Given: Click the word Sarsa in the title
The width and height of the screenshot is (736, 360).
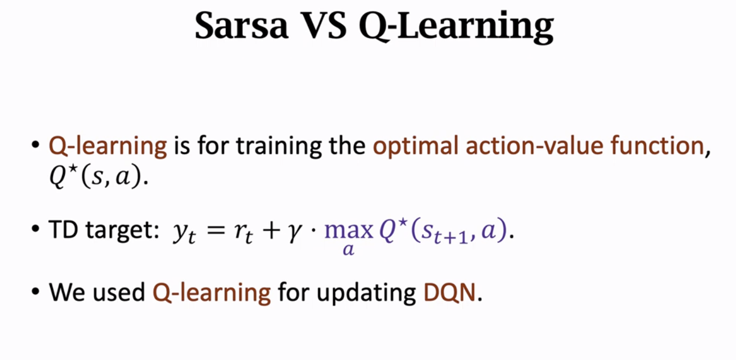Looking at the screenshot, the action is tap(242, 26).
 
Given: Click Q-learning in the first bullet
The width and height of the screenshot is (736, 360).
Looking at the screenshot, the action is tap(107, 147).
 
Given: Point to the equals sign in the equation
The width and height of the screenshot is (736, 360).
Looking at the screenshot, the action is tap(216, 230).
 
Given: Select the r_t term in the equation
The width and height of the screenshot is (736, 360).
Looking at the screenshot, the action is tap(243, 232).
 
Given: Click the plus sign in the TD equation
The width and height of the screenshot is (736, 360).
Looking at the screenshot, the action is tap(271, 230).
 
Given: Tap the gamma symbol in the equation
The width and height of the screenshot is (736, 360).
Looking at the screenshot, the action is tap(295, 232).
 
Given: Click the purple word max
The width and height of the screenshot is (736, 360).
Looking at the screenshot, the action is tap(349, 230).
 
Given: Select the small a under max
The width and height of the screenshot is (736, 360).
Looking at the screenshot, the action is tap(349, 250).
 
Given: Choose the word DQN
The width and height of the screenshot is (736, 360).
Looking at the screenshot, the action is tap(449, 292).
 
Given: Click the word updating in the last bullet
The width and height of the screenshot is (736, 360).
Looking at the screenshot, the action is tap(366, 293).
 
